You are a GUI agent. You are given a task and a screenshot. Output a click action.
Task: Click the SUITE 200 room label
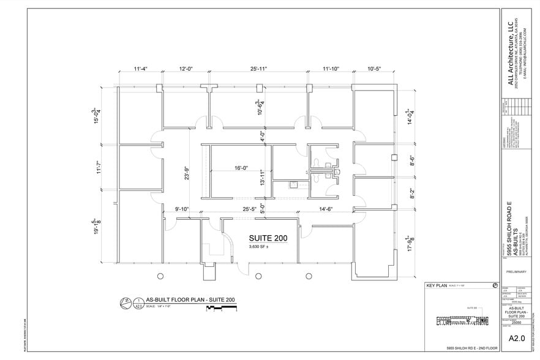click(268, 238)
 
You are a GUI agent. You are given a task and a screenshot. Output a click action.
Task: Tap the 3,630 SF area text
click(261, 247)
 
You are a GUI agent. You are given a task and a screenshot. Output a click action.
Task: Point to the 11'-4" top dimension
click(140, 69)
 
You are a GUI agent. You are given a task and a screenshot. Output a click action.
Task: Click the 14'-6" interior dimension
click(325, 209)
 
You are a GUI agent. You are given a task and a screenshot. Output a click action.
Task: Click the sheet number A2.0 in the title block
click(517, 336)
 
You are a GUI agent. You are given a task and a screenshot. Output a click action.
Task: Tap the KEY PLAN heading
click(439, 286)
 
